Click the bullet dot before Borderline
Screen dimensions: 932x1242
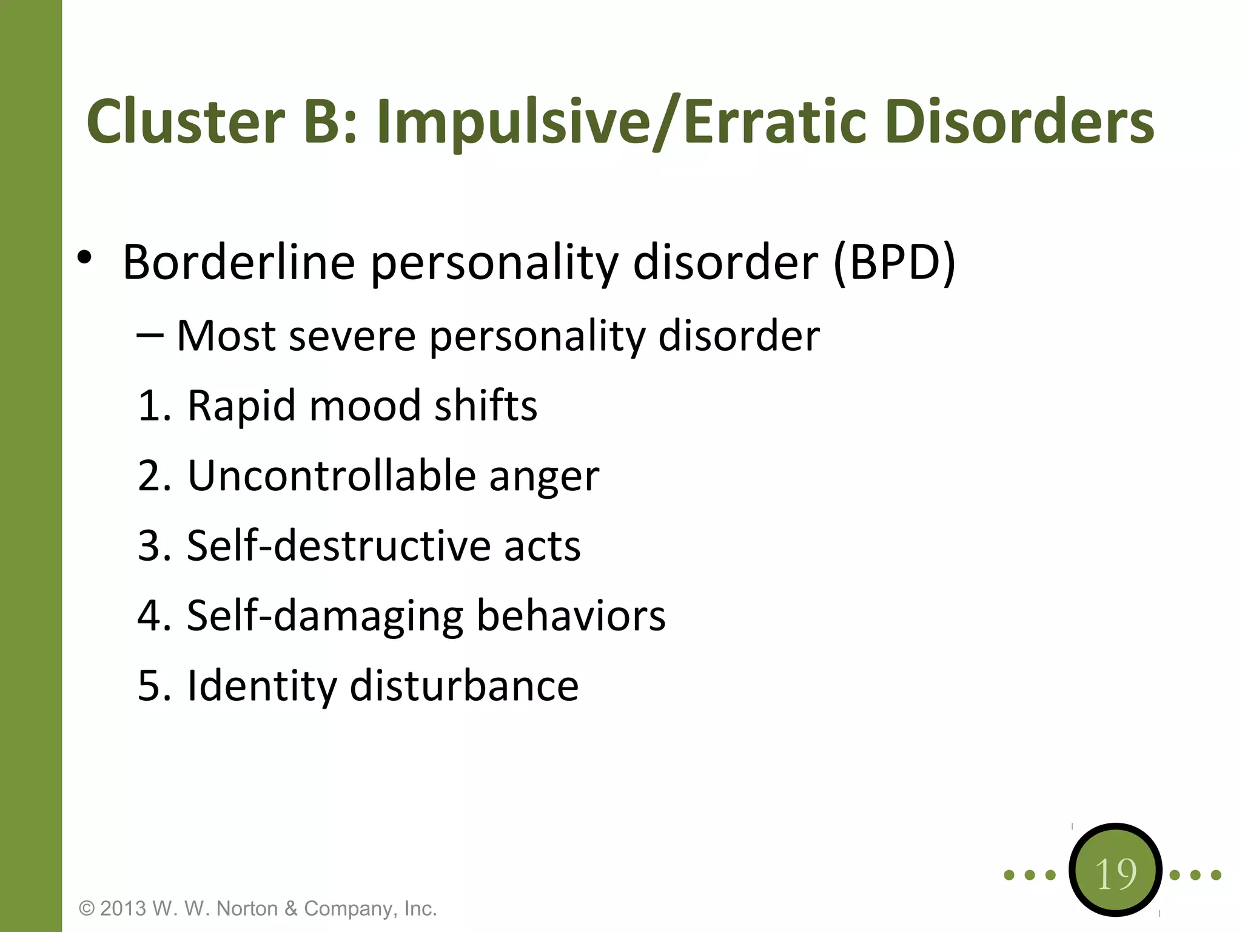[x=84, y=258]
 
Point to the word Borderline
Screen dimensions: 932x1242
[x=239, y=262]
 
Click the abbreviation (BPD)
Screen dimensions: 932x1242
[x=895, y=262]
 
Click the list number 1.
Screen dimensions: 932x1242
[x=152, y=405]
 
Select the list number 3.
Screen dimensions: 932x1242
[x=152, y=545]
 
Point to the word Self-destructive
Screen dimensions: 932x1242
[x=338, y=545]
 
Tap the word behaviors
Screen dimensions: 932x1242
[x=571, y=615]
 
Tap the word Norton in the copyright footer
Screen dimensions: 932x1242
[x=246, y=908]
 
